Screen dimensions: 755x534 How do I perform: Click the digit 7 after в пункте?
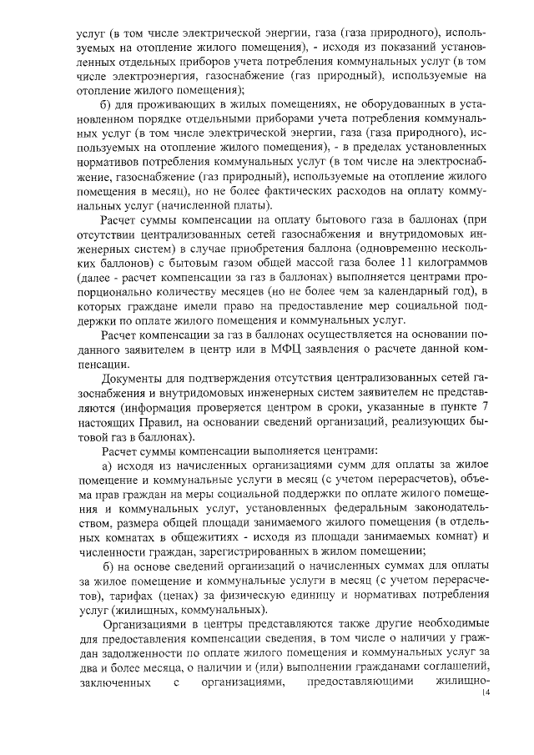coord(485,406)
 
